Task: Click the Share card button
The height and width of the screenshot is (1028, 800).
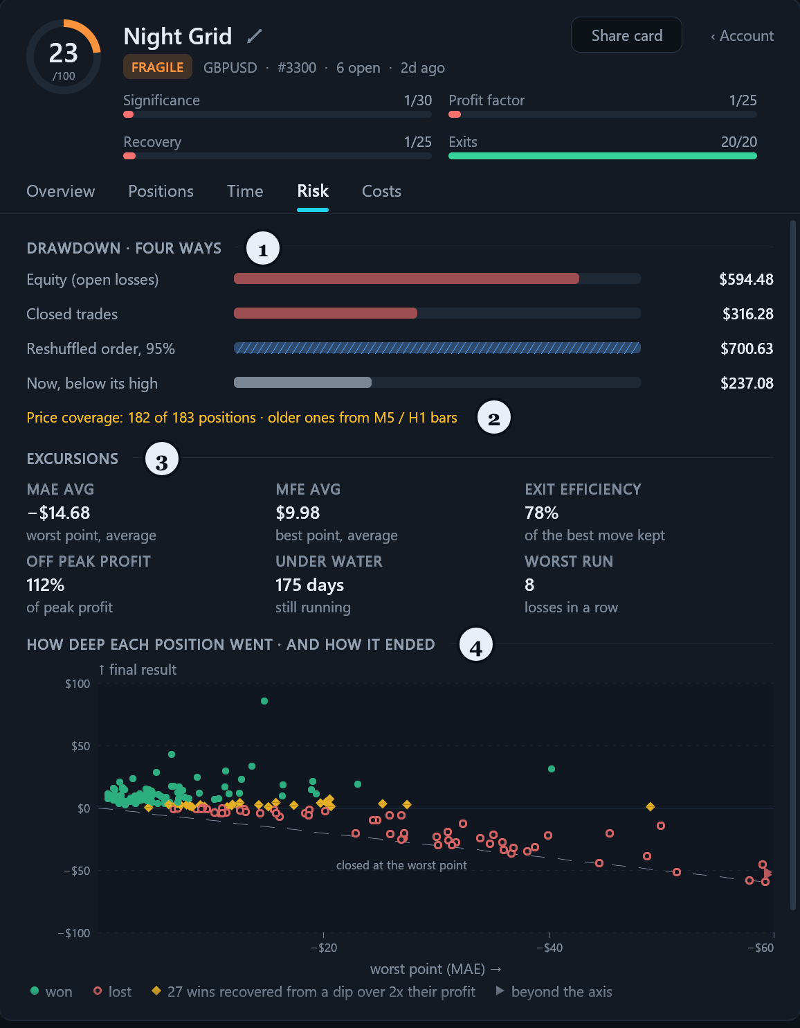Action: click(626, 35)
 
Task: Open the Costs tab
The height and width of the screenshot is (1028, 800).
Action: click(381, 191)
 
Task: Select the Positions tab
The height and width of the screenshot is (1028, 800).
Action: click(161, 191)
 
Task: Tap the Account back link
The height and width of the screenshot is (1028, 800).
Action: click(742, 36)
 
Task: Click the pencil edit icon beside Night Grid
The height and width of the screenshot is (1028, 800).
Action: click(254, 36)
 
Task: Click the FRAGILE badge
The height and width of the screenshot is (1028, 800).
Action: click(157, 67)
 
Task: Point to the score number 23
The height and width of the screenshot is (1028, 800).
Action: click(63, 53)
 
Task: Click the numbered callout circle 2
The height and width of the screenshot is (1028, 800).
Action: click(494, 418)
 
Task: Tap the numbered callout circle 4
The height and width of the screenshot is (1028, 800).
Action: click(476, 644)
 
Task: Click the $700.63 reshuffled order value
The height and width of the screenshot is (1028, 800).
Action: click(747, 348)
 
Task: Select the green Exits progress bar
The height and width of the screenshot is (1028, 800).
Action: click(603, 156)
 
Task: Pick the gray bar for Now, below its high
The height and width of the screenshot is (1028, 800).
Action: click(302, 382)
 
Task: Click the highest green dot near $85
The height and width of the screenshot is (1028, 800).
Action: click(264, 701)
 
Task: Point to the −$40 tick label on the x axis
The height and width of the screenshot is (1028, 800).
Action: click(549, 948)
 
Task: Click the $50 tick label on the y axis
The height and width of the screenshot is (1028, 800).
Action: click(80, 746)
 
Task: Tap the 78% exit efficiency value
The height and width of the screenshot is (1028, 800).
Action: click(542, 513)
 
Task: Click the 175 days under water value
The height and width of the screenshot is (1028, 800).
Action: click(309, 585)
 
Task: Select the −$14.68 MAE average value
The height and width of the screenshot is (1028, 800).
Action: click(59, 513)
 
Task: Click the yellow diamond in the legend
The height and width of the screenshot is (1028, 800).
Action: click(156, 991)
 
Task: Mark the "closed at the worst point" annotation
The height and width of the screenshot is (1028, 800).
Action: click(401, 865)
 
